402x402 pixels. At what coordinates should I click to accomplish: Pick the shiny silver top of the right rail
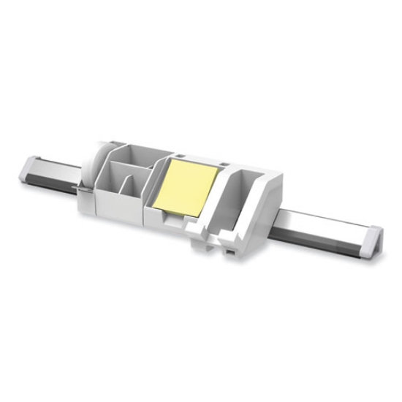click(322, 219)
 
